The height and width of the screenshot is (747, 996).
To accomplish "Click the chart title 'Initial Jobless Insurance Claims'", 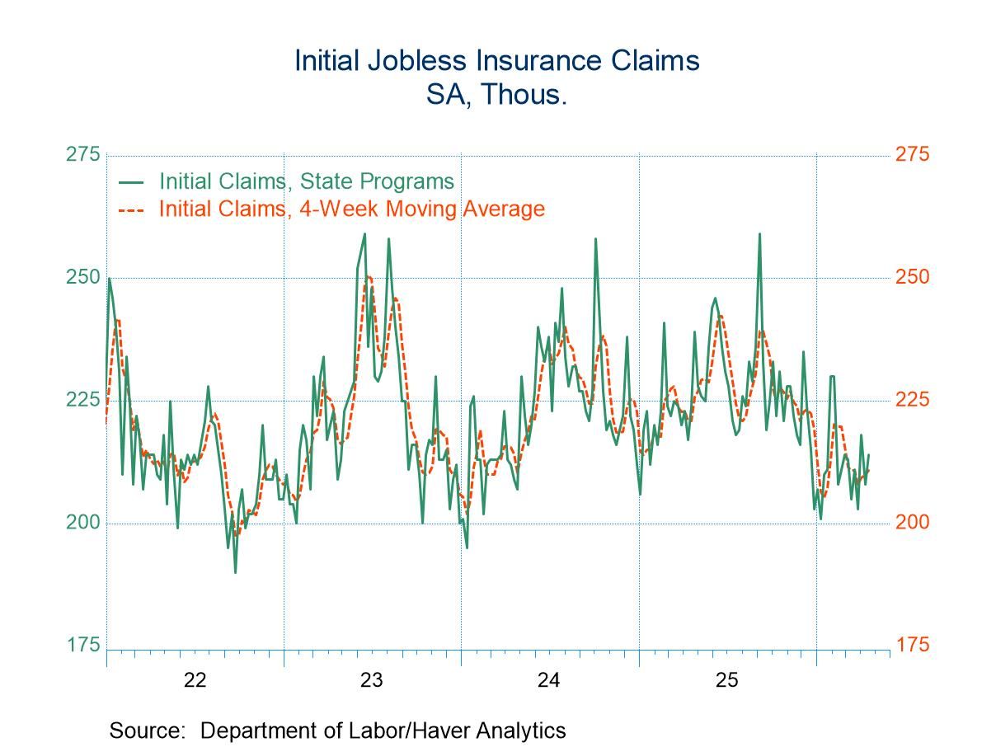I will click(x=497, y=61).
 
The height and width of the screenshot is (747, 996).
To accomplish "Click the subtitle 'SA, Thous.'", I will click(x=497, y=95).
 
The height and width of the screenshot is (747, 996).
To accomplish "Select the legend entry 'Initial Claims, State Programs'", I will click(x=306, y=181).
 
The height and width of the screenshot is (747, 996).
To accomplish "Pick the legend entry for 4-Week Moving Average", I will click(x=351, y=209).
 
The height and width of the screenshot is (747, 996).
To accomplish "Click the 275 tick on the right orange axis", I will click(x=912, y=155).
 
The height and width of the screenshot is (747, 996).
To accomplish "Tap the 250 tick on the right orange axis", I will click(x=912, y=278).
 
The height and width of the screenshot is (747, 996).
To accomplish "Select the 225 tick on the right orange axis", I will click(x=912, y=400).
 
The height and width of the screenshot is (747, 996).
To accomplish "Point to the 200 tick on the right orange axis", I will click(x=912, y=523).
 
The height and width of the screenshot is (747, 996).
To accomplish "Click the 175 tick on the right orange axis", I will click(x=912, y=645).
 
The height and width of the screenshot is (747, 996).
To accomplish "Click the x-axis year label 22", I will click(x=195, y=681).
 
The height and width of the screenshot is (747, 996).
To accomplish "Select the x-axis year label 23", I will click(x=372, y=681).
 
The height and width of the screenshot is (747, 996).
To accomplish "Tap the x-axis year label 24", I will click(x=549, y=681).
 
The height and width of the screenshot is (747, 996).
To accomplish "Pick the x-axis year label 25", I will click(x=726, y=681).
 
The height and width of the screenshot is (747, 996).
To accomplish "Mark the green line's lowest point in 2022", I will click(x=235, y=572).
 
